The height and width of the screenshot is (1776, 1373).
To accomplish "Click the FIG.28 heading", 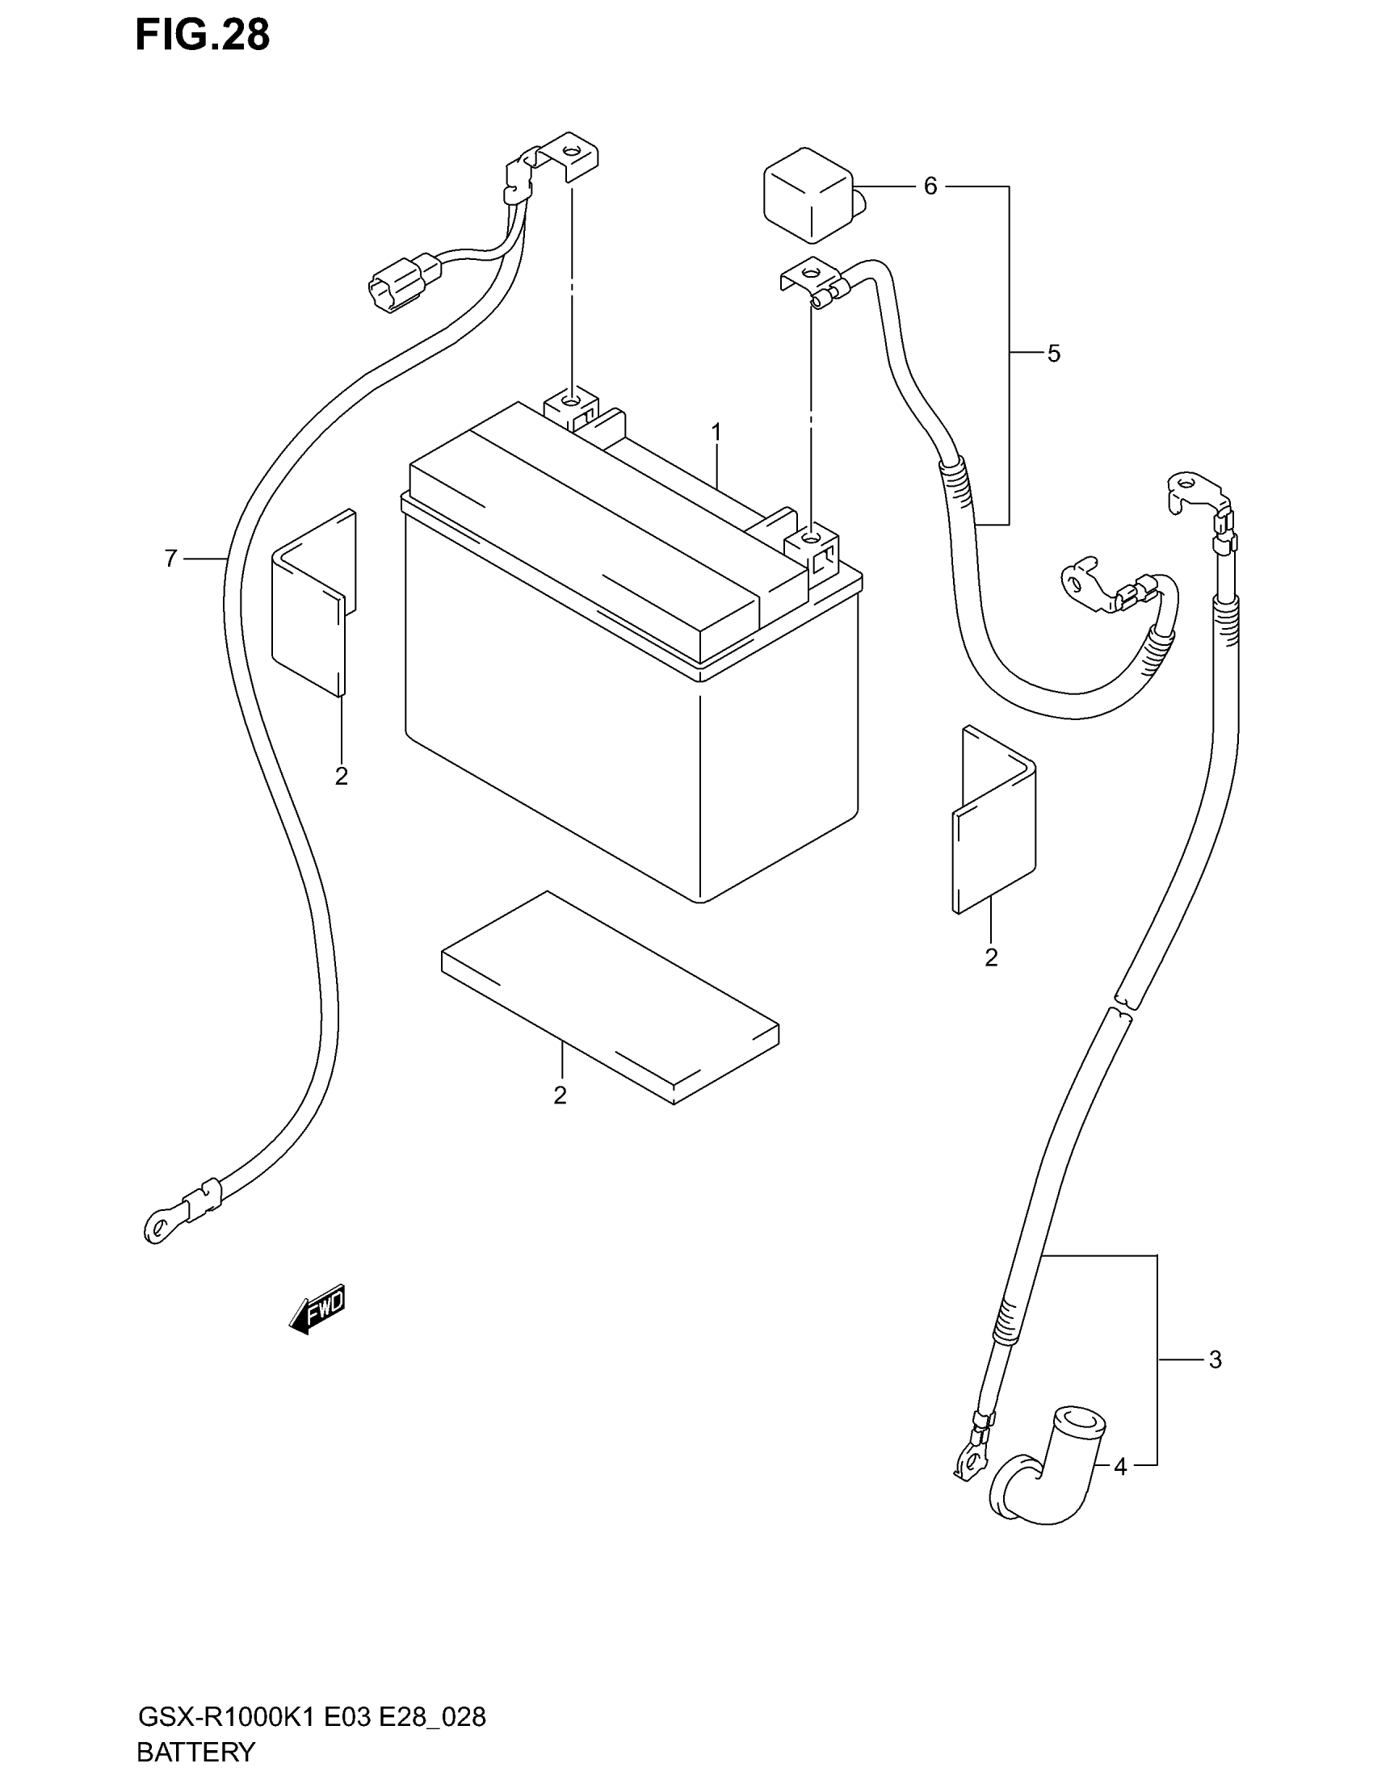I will click(203, 36).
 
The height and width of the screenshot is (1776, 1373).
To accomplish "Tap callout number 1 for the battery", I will click(716, 433).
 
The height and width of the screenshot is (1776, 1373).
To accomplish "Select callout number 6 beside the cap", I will click(930, 187).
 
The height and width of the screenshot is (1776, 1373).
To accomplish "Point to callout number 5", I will click(1053, 354).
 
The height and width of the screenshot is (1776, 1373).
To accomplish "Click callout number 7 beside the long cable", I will click(170, 559).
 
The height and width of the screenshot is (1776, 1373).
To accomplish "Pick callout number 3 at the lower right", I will click(1215, 1359).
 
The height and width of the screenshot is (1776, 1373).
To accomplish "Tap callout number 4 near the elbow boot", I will click(1120, 1467).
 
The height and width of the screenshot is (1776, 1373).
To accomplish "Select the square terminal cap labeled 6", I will click(808, 195).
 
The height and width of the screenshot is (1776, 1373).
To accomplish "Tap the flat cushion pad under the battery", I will click(610, 996).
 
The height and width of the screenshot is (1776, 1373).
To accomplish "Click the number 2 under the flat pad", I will click(560, 1095).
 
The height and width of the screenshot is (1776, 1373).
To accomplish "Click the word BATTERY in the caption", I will click(196, 1751).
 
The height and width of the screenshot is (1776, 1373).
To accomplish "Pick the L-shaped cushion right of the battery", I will click(994, 821).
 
